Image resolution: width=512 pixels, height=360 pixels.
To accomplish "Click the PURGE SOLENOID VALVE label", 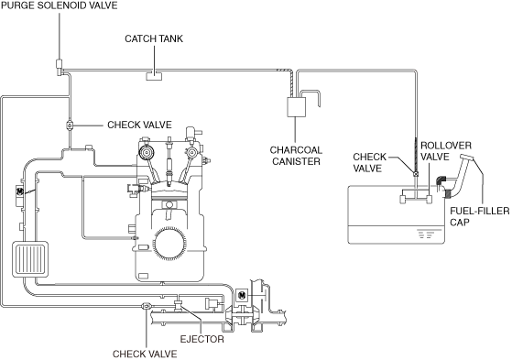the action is [60, 5].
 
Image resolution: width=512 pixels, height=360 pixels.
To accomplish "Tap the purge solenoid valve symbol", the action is [60, 67].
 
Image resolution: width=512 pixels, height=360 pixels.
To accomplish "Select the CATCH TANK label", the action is [154, 38].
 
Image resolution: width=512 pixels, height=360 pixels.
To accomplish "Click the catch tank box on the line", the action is [154, 76].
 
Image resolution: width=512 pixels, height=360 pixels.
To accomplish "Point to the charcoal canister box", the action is [296, 107].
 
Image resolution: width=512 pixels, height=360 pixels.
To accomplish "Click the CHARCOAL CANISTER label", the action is [296, 156].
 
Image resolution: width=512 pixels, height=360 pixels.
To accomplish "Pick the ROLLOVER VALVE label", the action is [446, 151].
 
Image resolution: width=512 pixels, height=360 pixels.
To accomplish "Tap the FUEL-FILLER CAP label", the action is [479, 216].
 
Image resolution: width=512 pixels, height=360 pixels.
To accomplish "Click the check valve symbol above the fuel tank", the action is [416, 174].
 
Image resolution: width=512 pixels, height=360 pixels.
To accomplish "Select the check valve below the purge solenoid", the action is [70, 125].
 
